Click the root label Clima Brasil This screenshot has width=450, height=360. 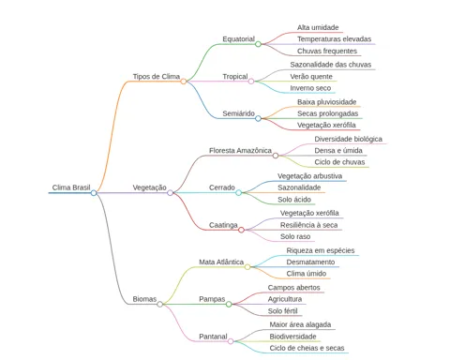(x=71, y=187)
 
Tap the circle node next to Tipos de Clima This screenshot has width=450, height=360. (x=184, y=82)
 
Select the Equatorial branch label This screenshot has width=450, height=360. (x=238, y=39)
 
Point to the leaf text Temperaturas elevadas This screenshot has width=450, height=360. (x=334, y=39)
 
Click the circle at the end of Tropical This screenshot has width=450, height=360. (x=251, y=82)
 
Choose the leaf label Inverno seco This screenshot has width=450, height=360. (x=310, y=88)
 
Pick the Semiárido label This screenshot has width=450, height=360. (x=238, y=113)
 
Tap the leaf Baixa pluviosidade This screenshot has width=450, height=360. (x=327, y=102)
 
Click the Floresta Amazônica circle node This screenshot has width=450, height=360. (x=276, y=156)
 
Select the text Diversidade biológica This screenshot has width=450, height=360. (x=348, y=139)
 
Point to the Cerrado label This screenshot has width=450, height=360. (x=222, y=187)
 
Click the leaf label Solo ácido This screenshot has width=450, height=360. (x=294, y=200)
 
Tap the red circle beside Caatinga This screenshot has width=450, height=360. (x=241, y=230)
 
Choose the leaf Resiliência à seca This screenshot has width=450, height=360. (x=308, y=225)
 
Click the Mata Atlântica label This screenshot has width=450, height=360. (x=221, y=262)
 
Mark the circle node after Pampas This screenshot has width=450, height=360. (x=229, y=304)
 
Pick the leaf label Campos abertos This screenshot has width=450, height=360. (x=293, y=288)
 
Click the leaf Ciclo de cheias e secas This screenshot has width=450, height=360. (x=307, y=348)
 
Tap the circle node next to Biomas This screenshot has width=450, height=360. (x=159, y=304)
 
